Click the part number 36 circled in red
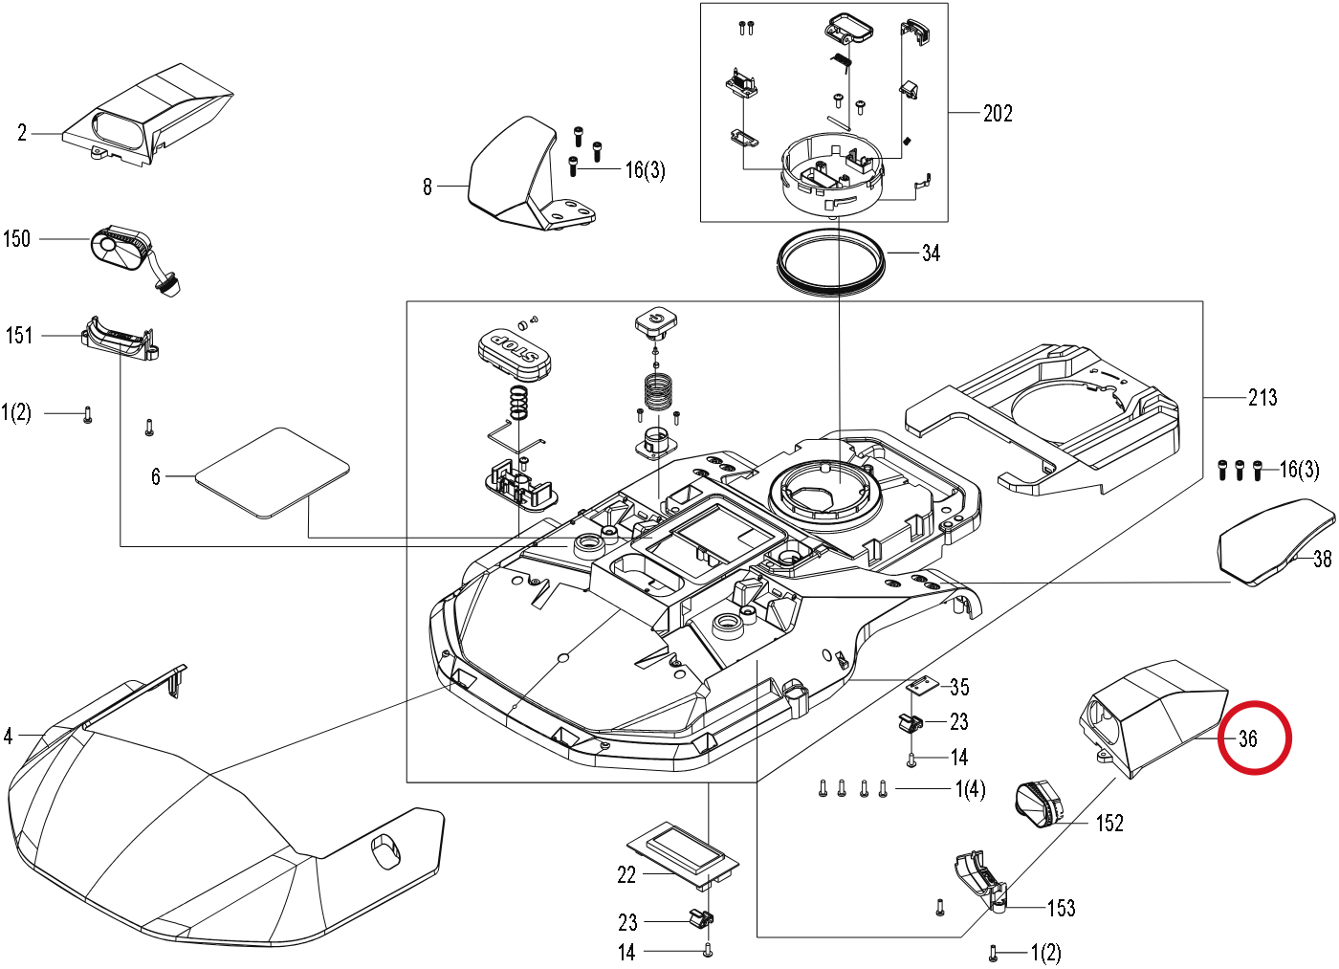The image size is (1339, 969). (x=1248, y=738)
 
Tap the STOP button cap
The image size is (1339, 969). (x=515, y=355)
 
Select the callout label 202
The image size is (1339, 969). (x=998, y=113)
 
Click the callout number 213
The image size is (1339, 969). (x=1262, y=397)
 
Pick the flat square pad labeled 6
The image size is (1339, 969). (x=273, y=472)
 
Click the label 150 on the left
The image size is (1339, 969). (x=17, y=238)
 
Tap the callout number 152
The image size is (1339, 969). (x=1109, y=824)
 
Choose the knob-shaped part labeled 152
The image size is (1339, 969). (x=1039, y=804)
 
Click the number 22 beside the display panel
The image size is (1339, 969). (x=626, y=875)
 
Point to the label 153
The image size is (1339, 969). (x=1062, y=908)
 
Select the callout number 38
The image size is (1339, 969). (x=1322, y=559)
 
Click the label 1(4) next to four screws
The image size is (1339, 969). (x=970, y=789)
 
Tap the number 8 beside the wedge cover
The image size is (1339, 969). (x=427, y=187)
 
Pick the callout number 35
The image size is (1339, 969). (x=959, y=687)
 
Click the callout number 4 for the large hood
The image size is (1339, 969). (x=8, y=736)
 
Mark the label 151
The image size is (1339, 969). (x=19, y=336)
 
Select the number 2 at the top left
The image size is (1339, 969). (x=22, y=133)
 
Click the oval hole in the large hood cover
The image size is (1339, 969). (x=386, y=852)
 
